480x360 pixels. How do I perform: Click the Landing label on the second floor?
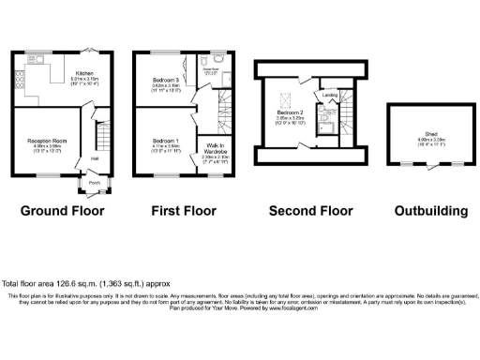(x=330, y=95)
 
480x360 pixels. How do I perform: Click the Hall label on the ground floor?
(x=95, y=158)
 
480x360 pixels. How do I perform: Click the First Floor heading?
(x=178, y=212)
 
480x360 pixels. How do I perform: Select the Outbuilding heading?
(x=430, y=212)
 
